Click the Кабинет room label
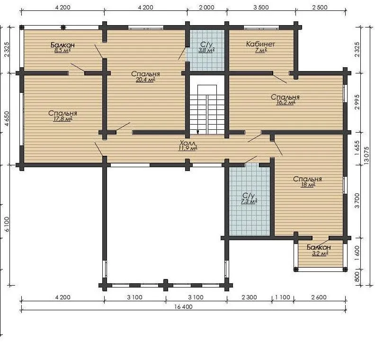click(x=260, y=44)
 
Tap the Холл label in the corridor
click(x=187, y=143)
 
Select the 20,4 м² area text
click(x=145, y=80)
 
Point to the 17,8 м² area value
click(x=62, y=119)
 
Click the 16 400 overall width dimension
click(x=183, y=306)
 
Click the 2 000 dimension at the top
click(x=206, y=8)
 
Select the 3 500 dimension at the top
click(x=261, y=8)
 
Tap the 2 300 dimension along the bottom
click(x=249, y=297)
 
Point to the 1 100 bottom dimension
click(x=283, y=297)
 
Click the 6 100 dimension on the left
click(x=7, y=224)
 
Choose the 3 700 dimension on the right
click(x=357, y=201)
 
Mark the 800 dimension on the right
click(x=357, y=277)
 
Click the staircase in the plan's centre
click(x=207, y=109)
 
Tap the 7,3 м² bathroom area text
click(x=249, y=201)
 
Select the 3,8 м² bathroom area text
click(x=206, y=50)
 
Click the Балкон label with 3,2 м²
click(x=319, y=247)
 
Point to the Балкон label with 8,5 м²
click(x=62, y=45)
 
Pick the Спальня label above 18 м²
click(x=308, y=179)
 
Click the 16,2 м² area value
click(x=286, y=103)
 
